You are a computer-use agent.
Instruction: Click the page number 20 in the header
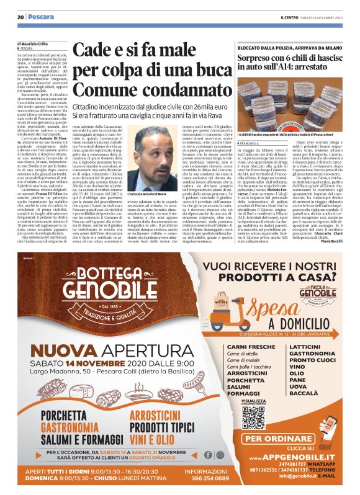coord(20,17)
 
